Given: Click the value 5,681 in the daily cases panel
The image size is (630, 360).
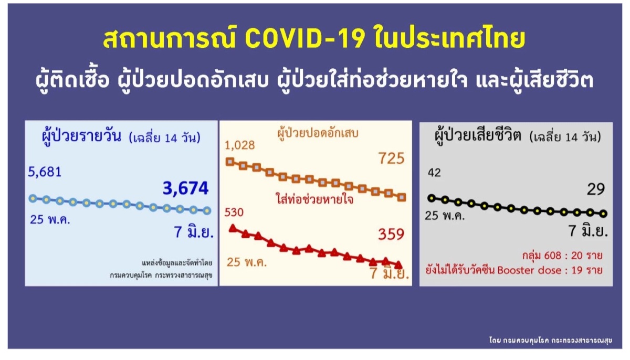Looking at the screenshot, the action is click(x=45, y=172).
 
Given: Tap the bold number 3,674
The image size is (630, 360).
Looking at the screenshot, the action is click(x=186, y=188).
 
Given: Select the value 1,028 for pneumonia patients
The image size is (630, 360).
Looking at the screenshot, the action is click(x=239, y=145).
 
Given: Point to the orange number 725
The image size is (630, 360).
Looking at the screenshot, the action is click(x=392, y=158).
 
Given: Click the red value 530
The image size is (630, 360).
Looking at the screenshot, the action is click(x=234, y=212).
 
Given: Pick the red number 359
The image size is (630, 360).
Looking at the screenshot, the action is click(x=391, y=234).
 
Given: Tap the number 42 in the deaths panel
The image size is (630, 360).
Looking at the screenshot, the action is click(x=434, y=173).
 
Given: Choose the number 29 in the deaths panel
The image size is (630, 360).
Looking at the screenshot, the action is click(x=596, y=189).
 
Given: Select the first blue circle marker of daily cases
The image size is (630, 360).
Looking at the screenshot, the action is click(x=33, y=198).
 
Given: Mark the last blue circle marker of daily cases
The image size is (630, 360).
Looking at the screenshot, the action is click(x=207, y=210).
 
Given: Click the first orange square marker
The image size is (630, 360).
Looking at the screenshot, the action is click(x=230, y=162).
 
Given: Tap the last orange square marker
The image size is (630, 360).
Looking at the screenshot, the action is click(x=402, y=197).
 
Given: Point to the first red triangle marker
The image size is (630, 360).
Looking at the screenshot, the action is click(x=233, y=228).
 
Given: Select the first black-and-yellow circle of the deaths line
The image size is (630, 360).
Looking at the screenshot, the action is click(x=432, y=198).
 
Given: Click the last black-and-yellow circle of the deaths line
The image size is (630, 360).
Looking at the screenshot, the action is click(x=603, y=214).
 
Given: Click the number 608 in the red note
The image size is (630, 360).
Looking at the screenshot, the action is click(x=552, y=256).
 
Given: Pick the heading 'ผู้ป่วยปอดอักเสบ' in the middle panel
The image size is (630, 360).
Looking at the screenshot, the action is click(x=318, y=133).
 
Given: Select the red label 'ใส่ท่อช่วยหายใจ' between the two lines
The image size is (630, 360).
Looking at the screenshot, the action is click(x=314, y=199).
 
